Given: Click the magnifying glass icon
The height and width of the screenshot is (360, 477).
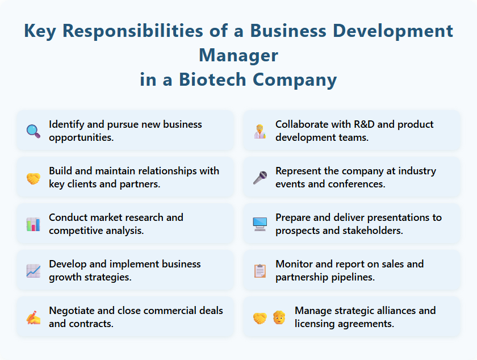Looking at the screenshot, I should (33, 131).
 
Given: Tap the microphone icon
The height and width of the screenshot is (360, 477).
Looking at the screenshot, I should (260, 178).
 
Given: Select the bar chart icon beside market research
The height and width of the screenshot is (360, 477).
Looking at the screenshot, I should (33, 224).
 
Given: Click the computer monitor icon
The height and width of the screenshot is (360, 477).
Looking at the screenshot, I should (260, 224).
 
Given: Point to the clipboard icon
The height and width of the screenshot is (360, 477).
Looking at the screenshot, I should (260, 271).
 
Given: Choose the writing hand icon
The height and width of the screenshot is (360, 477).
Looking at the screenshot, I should (33, 317).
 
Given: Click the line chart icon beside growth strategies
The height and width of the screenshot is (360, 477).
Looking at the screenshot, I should (33, 271).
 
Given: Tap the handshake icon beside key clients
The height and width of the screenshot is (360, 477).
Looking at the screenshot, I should (33, 178).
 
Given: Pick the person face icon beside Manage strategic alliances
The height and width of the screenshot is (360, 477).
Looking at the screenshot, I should (278, 317).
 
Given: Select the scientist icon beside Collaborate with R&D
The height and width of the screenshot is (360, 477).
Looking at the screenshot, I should (260, 131).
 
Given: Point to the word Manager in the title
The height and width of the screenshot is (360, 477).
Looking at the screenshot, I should (238, 55).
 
